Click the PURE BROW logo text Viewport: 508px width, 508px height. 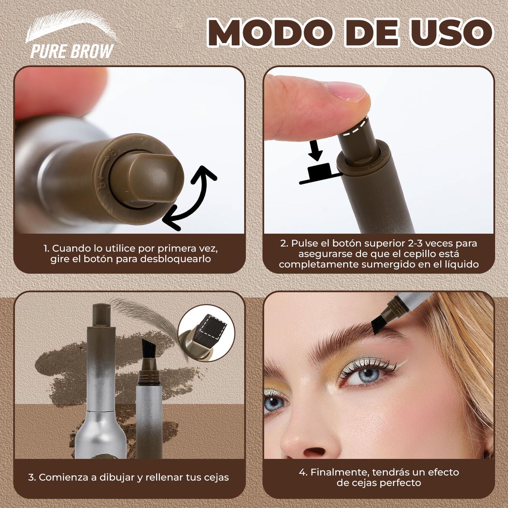pyautogui.click(x=72, y=51)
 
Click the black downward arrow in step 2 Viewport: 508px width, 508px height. pyautogui.click(x=315, y=150)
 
